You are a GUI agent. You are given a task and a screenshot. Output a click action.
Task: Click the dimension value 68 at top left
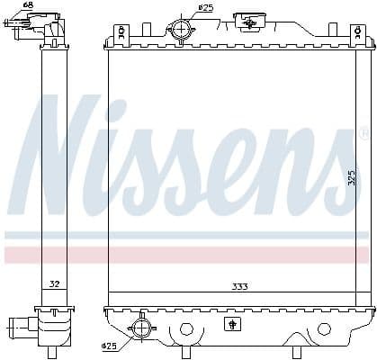[x=28, y=6]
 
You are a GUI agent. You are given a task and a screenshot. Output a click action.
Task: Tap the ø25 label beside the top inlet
[x=206, y=7]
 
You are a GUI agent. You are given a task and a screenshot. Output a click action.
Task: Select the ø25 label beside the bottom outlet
[x=109, y=346]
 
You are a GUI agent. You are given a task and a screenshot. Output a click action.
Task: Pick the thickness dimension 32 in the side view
[x=54, y=284]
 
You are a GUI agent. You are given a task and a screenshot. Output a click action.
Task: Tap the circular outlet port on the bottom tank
[x=141, y=328]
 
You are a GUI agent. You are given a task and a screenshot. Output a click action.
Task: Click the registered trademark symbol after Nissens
[x=339, y=134]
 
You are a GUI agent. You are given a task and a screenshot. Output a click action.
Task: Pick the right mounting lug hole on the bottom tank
[x=324, y=328]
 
